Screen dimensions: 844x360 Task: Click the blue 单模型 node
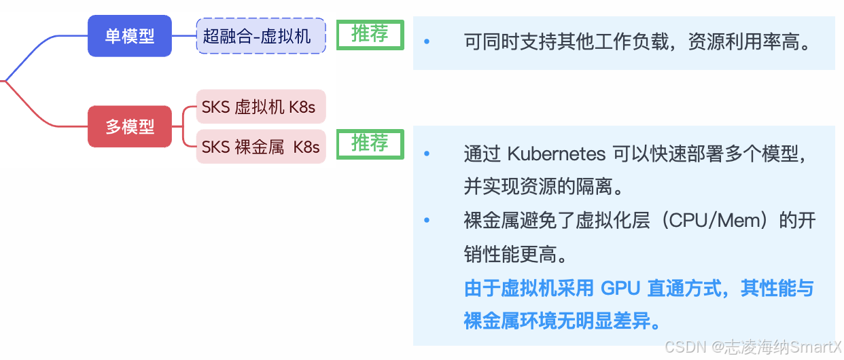[130, 36]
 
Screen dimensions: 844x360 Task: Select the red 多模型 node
[130, 126]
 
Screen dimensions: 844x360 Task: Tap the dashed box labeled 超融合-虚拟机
[261, 36]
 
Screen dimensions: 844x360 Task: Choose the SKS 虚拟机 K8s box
[261, 107]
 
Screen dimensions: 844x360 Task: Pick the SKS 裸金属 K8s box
[261, 147]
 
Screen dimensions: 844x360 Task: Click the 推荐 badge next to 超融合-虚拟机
[370, 35]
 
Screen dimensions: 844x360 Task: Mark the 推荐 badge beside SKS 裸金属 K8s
[370, 144]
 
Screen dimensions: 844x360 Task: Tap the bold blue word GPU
[620, 288]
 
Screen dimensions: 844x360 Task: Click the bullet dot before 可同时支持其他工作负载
[427, 42]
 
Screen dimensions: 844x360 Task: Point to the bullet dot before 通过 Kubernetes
[427, 154]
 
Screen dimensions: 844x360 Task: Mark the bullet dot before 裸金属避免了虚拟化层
[427, 221]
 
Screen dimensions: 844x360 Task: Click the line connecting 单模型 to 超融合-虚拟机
[184, 36]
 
